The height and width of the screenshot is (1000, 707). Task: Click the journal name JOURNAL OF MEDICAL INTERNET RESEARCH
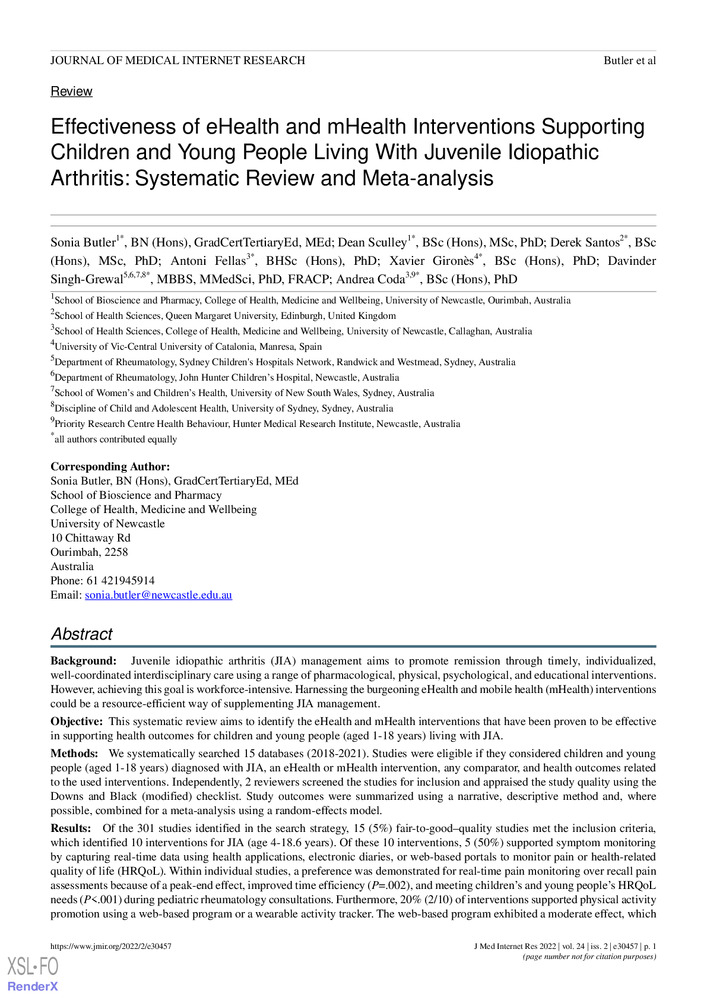tap(178, 61)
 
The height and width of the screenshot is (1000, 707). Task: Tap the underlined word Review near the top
tap(71, 91)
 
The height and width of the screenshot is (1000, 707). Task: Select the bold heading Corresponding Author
tap(110, 467)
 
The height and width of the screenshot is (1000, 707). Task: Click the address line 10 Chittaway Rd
tap(90, 537)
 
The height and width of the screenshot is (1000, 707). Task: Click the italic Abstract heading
tap(81, 634)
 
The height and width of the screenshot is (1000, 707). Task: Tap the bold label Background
tap(85, 663)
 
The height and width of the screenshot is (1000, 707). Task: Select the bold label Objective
tap(77, 721)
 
